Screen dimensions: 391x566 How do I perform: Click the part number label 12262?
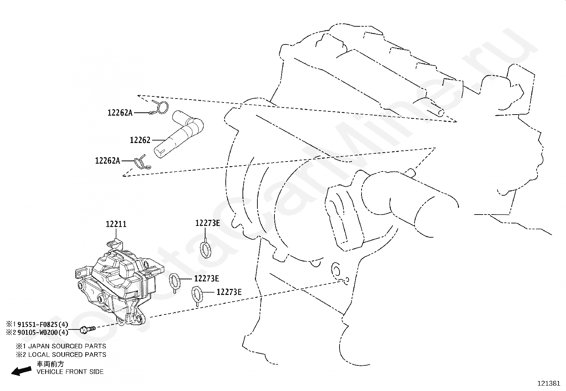click(x=140, y=140)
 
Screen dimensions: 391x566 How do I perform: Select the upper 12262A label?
click(x=120, y=113)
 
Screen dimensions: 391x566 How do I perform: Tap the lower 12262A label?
click(x=107, y=161)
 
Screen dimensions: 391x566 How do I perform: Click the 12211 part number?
click(x=116, y=224)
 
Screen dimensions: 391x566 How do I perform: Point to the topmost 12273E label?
click(x=208, y=223)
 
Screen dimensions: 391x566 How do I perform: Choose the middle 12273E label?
click(x=207, y=278)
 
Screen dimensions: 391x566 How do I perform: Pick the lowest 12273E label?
click(x=229, y=292)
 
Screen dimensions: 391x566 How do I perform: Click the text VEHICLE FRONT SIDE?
click(x=70, y=372)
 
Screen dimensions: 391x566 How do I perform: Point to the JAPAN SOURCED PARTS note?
click(x=67, y=346)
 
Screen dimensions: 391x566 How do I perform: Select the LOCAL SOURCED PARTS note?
click(x=67, y=354)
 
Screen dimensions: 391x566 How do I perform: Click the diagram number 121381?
click(x=548, y=384)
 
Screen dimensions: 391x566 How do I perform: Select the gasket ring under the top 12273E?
click(x=205, y=249)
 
